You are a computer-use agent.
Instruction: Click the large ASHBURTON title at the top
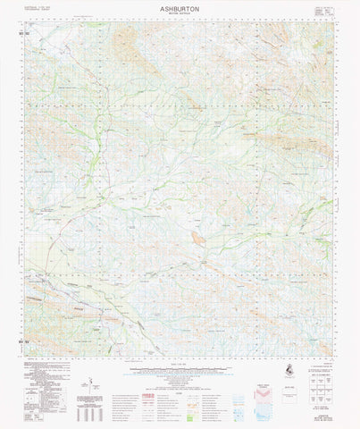click(180, 7)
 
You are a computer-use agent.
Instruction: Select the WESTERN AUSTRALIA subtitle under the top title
click(180, 15)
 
